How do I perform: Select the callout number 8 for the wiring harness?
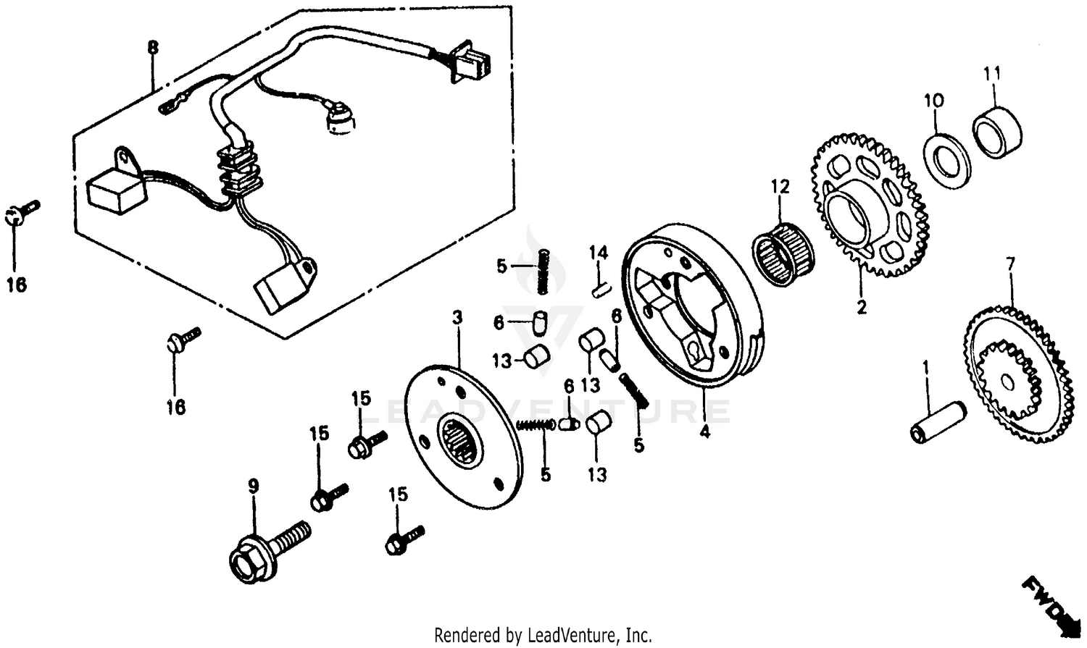coord(152,49)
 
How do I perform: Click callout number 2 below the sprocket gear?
coord(861,307)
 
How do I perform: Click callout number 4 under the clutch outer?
coord(705,432)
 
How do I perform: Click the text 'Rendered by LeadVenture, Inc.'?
coord(543,636)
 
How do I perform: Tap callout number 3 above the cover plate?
coord(457,317)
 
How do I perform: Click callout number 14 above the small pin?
coord(598,253)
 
